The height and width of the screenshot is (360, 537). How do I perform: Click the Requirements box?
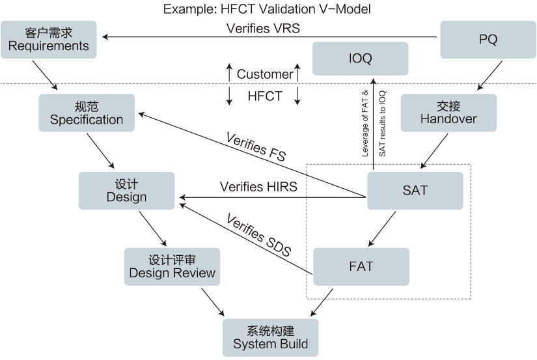[49, 39]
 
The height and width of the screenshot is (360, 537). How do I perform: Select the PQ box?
[488, 39]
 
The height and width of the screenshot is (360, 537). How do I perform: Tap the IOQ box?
[360, 59]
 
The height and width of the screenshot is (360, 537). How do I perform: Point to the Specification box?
[87, 113]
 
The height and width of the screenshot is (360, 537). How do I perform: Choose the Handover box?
[448, 113]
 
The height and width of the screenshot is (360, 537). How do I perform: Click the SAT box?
[415, 190]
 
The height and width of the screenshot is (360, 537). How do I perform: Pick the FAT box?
[361, 266]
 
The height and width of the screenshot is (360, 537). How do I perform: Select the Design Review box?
[172, 266]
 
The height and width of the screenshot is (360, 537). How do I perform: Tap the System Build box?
[270, 337]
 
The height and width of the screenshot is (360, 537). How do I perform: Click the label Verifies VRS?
[263, 29]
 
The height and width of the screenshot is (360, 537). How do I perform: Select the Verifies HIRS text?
[258, 187]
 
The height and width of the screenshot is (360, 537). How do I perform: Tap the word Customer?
[264, 74]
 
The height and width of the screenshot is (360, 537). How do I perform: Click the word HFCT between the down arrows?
[265, 96]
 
